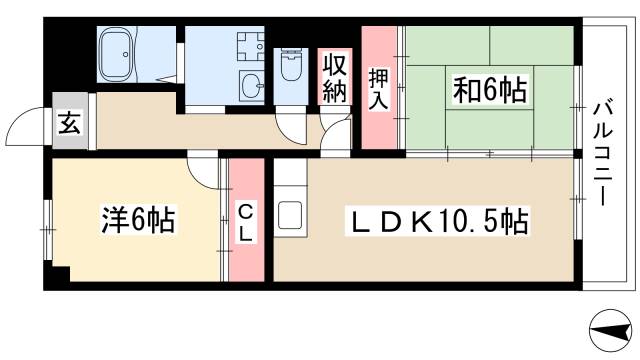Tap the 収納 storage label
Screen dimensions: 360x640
(334, 77)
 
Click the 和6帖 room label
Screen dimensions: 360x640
(490, 91)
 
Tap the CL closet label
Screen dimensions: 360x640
(245, 222)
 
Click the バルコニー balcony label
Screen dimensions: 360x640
(602, 152)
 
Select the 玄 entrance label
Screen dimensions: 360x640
(69, 124)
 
